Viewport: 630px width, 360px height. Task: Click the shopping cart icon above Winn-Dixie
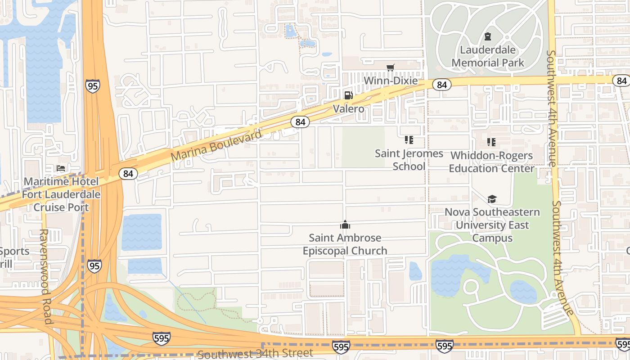point(390,67)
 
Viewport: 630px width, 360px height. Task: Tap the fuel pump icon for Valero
point(348,95)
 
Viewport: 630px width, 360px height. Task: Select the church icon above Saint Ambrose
point(345,225)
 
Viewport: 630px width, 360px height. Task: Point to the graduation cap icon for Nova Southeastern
point(492,199)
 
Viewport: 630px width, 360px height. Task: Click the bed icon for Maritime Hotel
point(61,168)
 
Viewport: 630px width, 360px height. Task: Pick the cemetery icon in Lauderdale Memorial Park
point(487,36)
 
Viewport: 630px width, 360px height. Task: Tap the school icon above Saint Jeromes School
point(409,140)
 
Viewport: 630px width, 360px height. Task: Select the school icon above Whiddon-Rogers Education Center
point(491,142)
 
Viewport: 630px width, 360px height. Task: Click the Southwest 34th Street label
point(255,354)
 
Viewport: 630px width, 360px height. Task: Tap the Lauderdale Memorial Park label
point(488,56)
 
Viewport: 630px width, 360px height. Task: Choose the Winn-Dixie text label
point(390,81)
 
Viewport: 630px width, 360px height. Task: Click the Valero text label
point(348,109)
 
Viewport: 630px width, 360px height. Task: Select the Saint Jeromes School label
point(409,160)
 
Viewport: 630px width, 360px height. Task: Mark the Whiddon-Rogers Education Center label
point(491,162)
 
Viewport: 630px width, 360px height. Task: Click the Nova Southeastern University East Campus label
point(492,225)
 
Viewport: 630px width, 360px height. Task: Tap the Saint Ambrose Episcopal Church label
point(345,244)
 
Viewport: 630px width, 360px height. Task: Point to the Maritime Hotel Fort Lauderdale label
point(61,194)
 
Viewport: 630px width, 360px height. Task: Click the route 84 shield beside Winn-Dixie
point(442,85)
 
